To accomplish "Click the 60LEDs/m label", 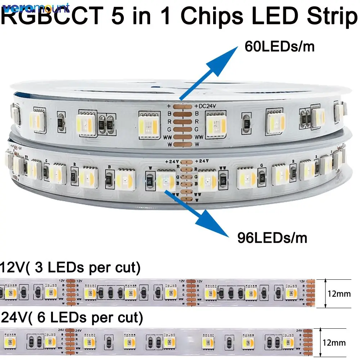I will point(279,46).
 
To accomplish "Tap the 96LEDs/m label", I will point(272,238).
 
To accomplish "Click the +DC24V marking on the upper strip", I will point(206,106).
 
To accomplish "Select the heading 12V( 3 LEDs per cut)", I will point(71,268).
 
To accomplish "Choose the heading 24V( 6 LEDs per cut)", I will point(72,318).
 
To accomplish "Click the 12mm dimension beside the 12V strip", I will point(339,294).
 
